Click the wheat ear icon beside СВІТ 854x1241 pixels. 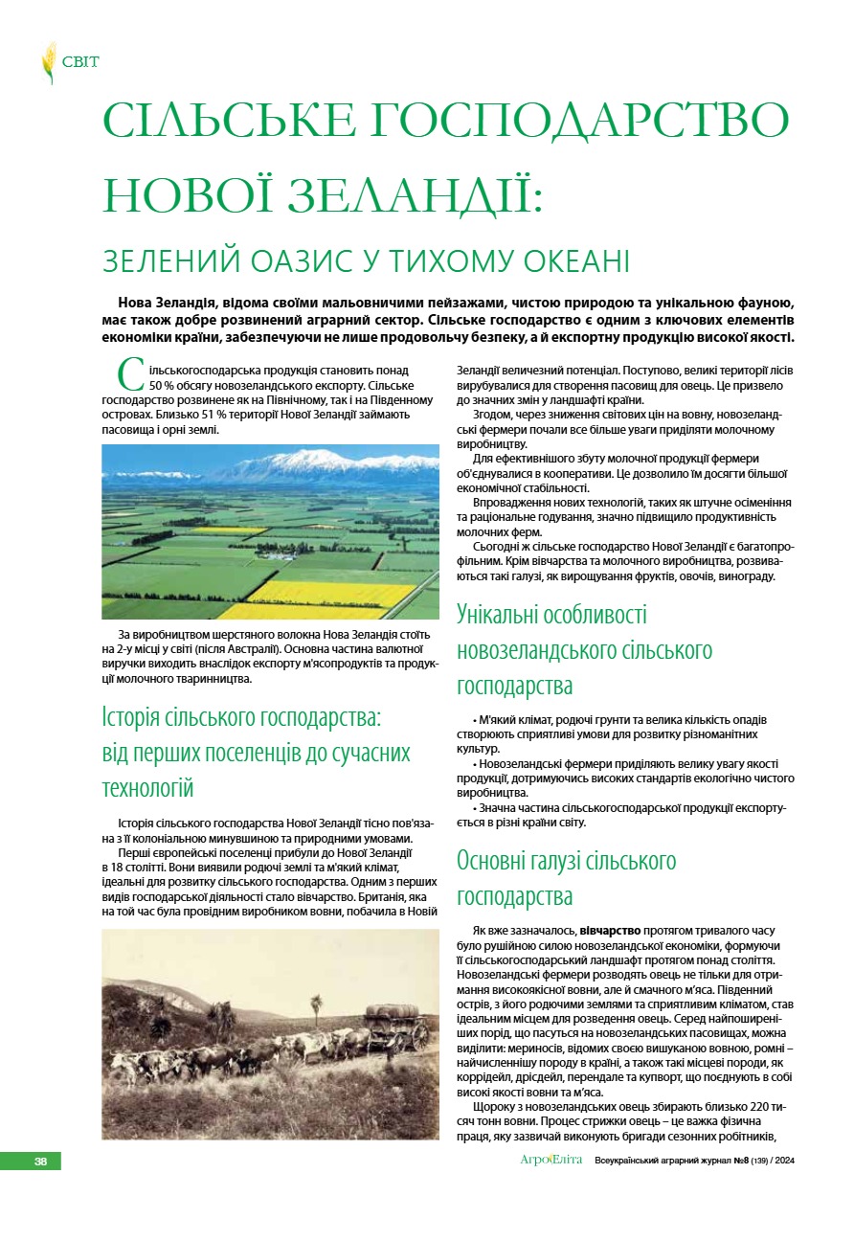(48, 63)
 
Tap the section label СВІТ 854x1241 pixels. (80, 62)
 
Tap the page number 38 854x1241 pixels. (40, 1161)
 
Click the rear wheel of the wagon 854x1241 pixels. (418, 1034)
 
